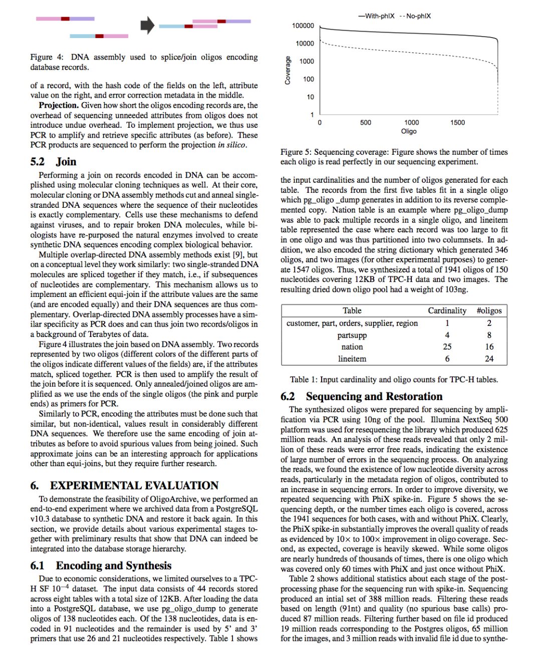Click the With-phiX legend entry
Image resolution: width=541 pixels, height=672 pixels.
[376, 16]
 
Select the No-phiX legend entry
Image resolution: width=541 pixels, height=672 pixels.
[415, 16]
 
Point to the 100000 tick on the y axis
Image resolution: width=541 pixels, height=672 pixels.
[303, 26]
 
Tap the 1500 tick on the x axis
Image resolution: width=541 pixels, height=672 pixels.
[457, 122]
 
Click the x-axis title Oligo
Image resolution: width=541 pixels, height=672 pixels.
[409, 131]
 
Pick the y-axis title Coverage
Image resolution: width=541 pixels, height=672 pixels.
[288, 70]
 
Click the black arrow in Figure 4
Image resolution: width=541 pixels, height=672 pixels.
[147, 25]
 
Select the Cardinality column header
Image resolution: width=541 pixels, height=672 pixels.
[447, 310]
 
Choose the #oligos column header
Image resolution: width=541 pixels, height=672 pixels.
[489, 310]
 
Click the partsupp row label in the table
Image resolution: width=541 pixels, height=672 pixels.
[352, 335]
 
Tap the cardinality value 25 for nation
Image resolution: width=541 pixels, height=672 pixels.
[447, 347]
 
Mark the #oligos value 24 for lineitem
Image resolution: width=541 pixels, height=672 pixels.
[489, 359]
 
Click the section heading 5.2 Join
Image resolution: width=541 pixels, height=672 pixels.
[53, 162]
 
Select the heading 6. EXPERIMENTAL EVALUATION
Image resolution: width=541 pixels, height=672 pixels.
[124, 485]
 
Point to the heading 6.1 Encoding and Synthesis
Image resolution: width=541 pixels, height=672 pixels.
[101, 565]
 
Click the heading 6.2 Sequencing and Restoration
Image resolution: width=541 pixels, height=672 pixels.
[361, 396]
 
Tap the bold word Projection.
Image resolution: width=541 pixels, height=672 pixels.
[59, 105]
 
